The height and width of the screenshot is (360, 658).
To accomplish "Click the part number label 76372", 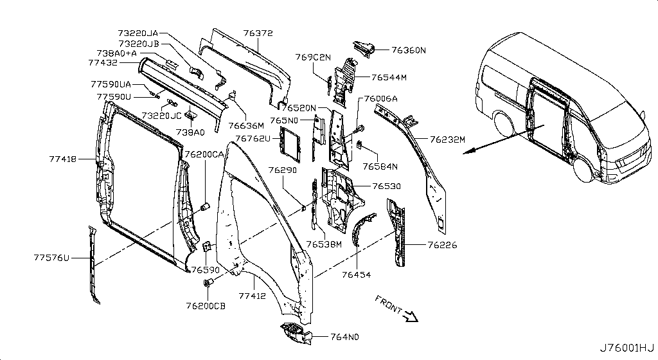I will (258, 32).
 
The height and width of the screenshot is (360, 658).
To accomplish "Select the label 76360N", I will (409, 50).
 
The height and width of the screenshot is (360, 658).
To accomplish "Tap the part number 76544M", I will (389, 78).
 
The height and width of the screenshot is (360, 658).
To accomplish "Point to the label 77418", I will (63, 157).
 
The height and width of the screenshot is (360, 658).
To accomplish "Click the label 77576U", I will (51, 258).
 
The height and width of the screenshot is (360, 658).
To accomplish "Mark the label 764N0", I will (344, 337).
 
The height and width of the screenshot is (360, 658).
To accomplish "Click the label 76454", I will (357, 274).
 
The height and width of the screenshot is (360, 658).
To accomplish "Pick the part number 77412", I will (253, 296).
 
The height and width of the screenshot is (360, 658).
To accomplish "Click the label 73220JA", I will (138, 32).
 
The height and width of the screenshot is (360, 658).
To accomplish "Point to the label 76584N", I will (380, 166).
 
